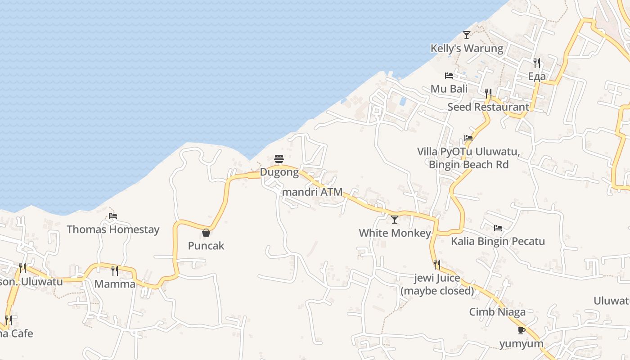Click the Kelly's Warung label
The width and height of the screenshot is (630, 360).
467,48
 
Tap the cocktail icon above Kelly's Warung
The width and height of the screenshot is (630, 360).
467,35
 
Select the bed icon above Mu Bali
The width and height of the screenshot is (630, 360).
449,76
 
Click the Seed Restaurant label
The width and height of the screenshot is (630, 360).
488,107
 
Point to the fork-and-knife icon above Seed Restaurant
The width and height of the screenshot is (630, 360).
488,93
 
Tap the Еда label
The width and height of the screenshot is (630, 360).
537,76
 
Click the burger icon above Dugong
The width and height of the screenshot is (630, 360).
279,159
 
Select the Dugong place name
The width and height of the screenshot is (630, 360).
279,172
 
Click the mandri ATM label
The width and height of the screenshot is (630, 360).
312,192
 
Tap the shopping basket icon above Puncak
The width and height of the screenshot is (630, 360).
206,233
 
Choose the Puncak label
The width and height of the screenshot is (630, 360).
206,246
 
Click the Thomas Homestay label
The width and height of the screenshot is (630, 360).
113,229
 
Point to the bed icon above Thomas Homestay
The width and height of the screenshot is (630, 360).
113,216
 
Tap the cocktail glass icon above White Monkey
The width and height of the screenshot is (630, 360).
395,220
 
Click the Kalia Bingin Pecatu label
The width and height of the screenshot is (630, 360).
498,241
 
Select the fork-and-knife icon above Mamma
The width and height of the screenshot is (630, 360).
115,270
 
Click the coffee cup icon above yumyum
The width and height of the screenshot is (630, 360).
522,331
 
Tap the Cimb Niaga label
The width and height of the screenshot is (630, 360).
497,312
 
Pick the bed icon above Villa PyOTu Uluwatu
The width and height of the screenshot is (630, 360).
468,138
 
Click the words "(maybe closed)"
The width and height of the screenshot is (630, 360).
437,291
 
